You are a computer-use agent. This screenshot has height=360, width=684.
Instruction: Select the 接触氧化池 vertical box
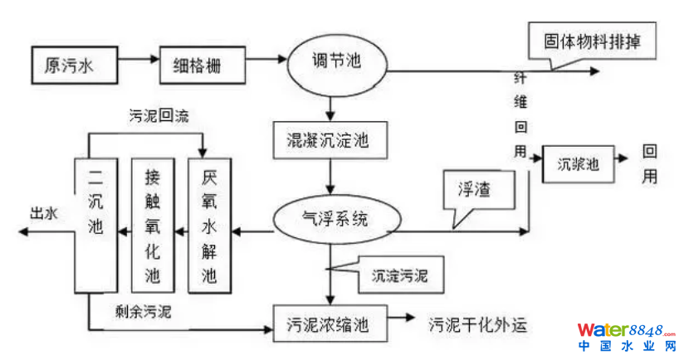[x=154, y=224]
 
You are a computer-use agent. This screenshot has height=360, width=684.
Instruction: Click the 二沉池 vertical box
[x=96, y=224]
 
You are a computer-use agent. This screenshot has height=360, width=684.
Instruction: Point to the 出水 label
[x=44, y=215]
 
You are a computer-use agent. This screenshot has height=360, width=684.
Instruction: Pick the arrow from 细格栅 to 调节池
[x=265, y=60]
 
